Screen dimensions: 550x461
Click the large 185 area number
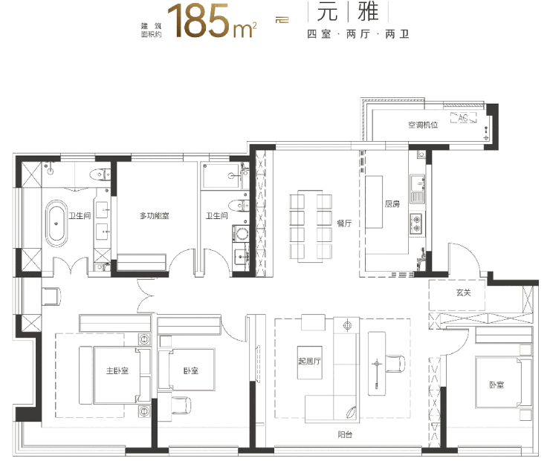(x=198, y=21)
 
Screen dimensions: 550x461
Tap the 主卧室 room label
(x=117, y=370)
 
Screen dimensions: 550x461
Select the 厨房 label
(x=392, y=203)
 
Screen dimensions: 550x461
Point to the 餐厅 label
(x=344, y=223)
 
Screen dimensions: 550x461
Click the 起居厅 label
(x=309, y=361)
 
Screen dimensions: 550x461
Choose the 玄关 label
(x=463, y=292)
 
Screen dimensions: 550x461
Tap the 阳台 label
(x=345, y=435)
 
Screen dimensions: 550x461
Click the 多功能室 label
(x=155, y=215)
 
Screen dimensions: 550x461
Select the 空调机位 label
(x=423, y=125)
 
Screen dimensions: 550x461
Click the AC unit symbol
(x=463, y=117)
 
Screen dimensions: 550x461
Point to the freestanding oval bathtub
(x=56, y=223)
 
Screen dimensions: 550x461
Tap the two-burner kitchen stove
(x=417, y=223)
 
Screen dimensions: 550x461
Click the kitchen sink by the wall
(x=417, y=189)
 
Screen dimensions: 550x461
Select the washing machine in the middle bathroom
(x=240, y=234)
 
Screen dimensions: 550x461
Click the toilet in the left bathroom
(x=100, y=174)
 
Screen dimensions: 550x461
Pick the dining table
(x=310, y=226)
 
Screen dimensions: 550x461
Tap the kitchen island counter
(x=374, y=202)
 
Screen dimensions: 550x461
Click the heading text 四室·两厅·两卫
(x=358, y=34)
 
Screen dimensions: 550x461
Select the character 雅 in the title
(x=368, y=11)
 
